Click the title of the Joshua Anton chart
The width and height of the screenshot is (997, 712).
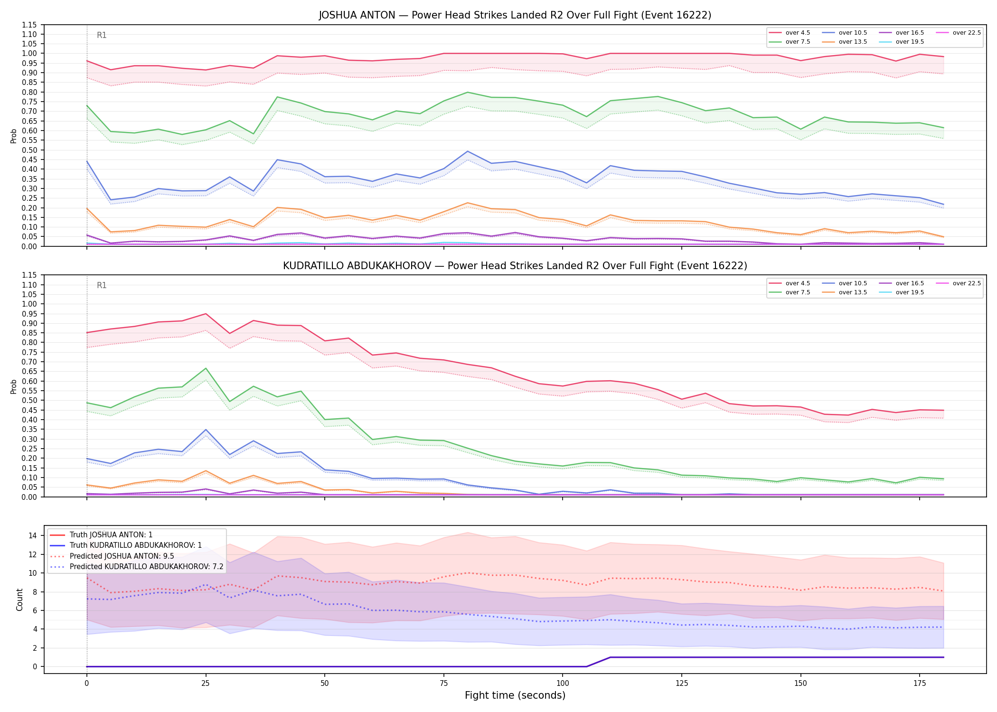pos(515,15)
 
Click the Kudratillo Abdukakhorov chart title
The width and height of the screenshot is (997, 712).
pos(515,266)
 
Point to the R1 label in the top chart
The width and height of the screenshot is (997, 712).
pos(102,35)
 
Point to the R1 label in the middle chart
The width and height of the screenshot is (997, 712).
pos(102,285)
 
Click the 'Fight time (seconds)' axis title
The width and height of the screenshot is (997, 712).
pos(515,695)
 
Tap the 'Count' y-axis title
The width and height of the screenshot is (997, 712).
pos(19,600)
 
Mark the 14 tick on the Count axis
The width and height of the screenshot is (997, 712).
pos(33,535)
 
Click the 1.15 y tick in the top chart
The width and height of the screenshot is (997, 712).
pos(29,25)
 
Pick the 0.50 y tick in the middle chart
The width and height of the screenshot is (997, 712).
pos(29,400)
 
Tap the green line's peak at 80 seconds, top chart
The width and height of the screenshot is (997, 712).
pos(468,92)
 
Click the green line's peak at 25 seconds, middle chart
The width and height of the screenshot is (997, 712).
pos(206,368)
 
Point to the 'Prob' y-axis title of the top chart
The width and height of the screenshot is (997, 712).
pos(14,136)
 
